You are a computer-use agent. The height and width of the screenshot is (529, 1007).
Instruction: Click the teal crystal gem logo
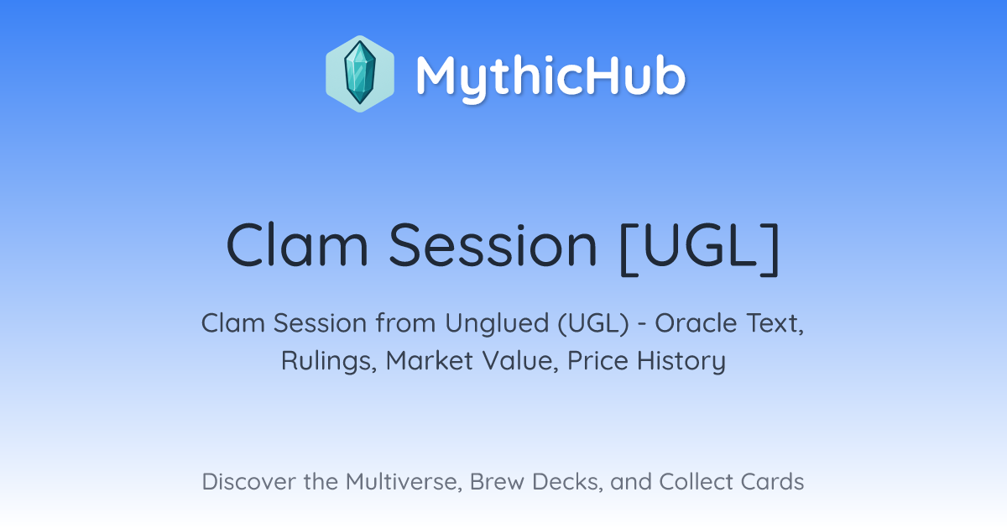360,74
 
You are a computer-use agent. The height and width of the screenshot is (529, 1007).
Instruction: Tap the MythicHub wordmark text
550,76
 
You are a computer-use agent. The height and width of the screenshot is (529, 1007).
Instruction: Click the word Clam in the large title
298,245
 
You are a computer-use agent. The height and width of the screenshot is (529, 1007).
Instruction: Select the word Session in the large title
493,245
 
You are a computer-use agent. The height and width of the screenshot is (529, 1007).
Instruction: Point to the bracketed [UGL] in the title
699,247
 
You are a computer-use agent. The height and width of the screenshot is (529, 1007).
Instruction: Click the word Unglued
497,324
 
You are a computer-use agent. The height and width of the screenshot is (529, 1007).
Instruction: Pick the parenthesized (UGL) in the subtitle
593,324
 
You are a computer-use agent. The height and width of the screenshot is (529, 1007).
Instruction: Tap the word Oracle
696,323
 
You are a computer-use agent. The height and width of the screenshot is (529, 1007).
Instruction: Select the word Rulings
329,361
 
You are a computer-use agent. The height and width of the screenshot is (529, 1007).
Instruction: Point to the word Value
520,361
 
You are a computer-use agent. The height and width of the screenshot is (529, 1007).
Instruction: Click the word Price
597,361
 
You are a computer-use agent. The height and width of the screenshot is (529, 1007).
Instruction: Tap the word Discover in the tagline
248,482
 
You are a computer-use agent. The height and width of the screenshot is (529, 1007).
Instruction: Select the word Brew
497,482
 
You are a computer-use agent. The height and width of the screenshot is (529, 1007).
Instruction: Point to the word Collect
696,482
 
